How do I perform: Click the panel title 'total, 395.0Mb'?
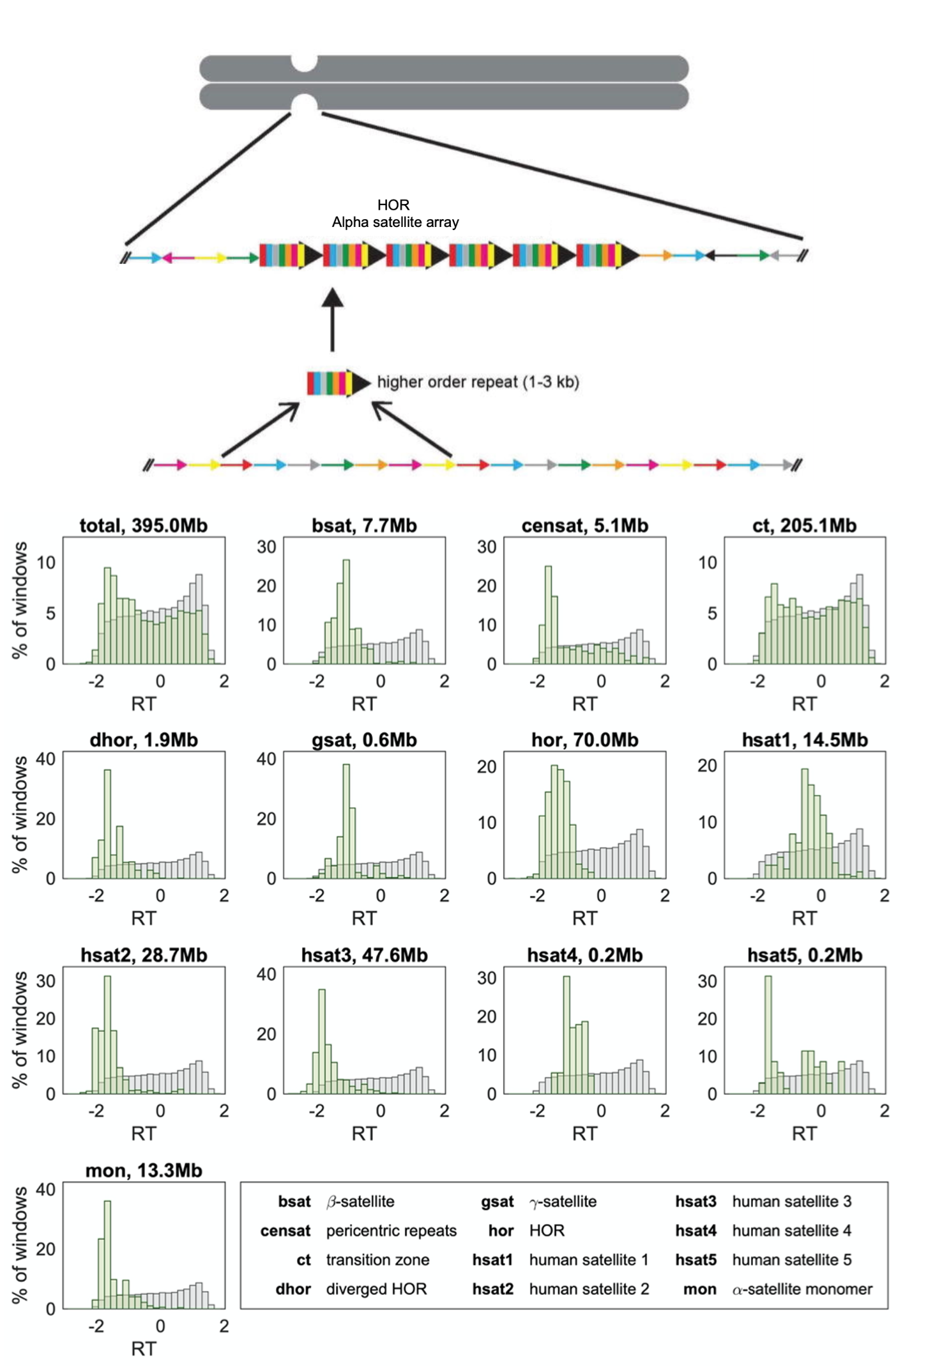[x=143, y=525]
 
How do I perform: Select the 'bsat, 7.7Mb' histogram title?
[x=364, y=525]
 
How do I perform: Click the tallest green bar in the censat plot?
[x=548, y=614]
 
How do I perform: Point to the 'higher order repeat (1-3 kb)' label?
[x=478, y=382]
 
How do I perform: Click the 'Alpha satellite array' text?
[x=395, y=222]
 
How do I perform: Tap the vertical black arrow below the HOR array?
[x=332, y=320]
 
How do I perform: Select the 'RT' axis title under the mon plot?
[x=143, y=1349]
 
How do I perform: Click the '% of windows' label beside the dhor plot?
[x=20, y=814]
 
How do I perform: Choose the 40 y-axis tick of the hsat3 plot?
[x=266, y=974]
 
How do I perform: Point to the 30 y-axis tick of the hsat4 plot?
[x=487, y=978]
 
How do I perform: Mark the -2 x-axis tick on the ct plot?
[x=757, y=681]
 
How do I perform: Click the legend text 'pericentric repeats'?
[x=391, y=1230]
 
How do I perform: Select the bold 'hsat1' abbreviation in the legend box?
[x=492, y=1260]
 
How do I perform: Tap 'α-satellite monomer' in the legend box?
[x=802, y=1289]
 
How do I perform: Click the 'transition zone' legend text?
[x=377, y=1260]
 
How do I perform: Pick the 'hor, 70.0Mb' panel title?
[x=584, y=740]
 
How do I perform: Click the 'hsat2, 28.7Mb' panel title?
[x=144, y=955]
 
